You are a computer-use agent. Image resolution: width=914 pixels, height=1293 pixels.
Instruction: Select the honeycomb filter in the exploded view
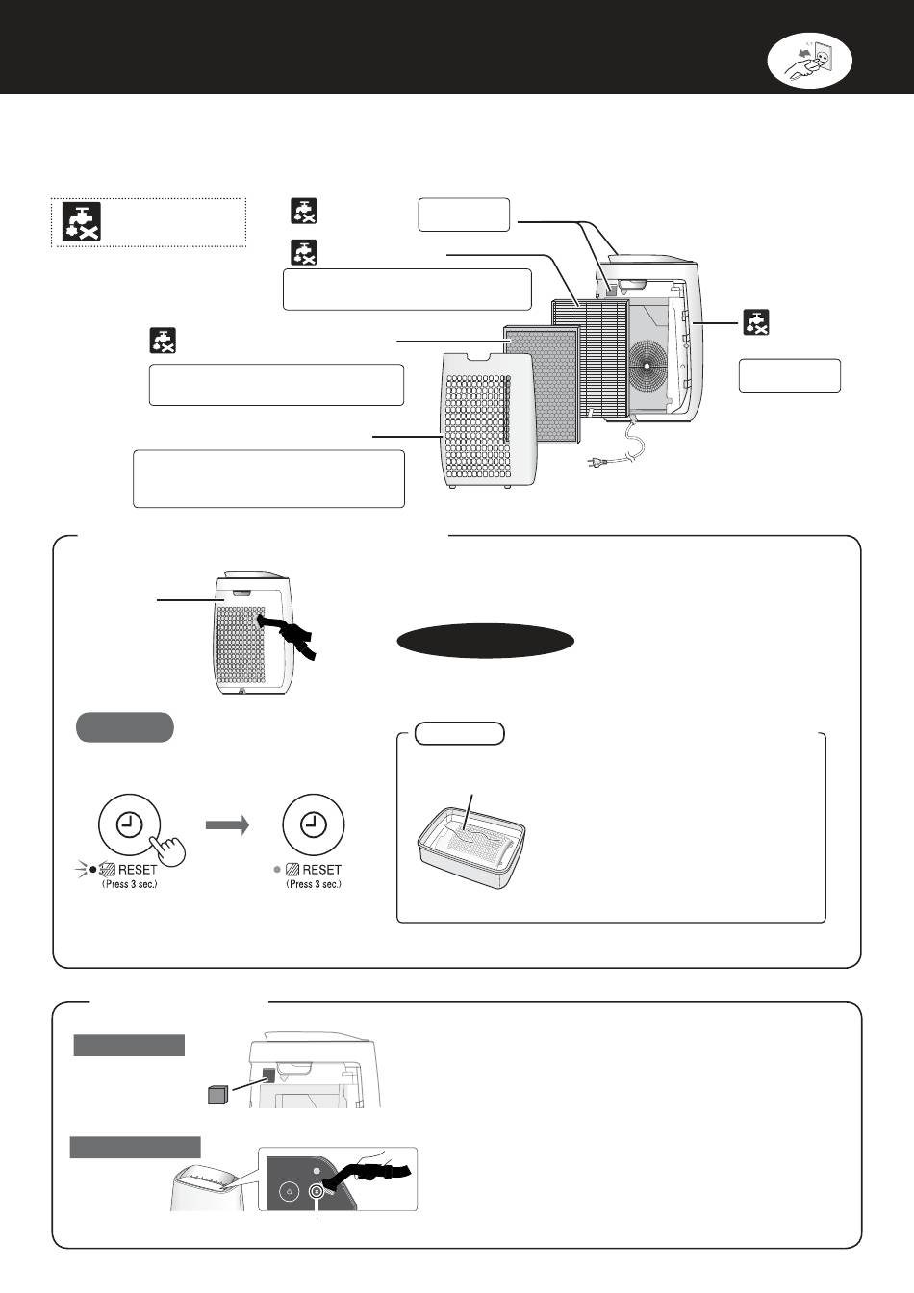[x=542, y=383]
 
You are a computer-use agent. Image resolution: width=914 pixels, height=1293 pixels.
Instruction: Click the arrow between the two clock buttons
[x=226, y=824]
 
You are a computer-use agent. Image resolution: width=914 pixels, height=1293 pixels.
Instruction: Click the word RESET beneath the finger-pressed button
[x=138, y=870]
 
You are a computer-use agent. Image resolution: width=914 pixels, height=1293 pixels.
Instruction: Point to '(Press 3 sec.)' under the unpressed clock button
[x=314, y=884]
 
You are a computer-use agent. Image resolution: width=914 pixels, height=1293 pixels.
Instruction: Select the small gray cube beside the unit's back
[x=216, y=1095]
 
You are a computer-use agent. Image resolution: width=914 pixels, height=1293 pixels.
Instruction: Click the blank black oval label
[x=486, y=642]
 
